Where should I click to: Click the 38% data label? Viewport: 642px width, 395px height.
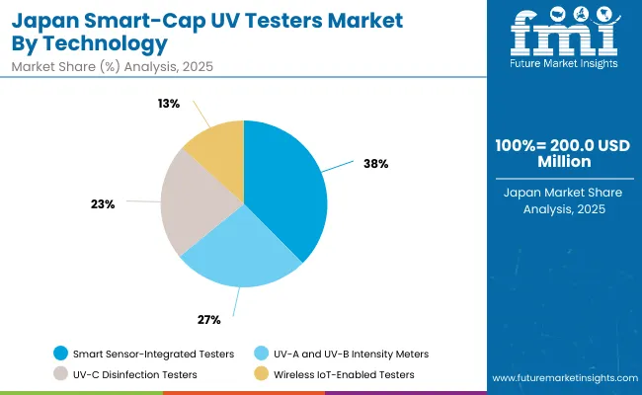pyautogui.click(x=376, y=164)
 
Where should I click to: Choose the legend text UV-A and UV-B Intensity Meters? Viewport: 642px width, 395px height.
pyautogui.click(x=345, y=353)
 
